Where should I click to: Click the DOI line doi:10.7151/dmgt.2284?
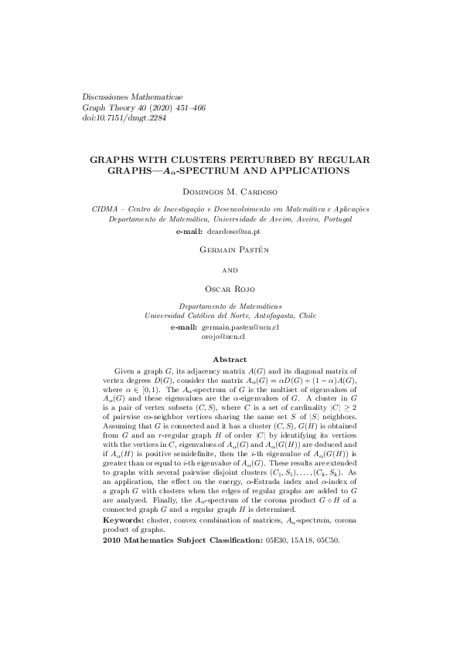[x=124, y=119]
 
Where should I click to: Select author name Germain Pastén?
[x=230, y=250]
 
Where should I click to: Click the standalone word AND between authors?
[x=230, y=270]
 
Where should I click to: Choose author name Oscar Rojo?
[x=230, y=288]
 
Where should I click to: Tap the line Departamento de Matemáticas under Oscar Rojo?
[x=230, y=306]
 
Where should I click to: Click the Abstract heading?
[x=230, y=359]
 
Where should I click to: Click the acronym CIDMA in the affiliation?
[x=107, y=209]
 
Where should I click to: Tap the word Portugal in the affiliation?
[x=337, y=219]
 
